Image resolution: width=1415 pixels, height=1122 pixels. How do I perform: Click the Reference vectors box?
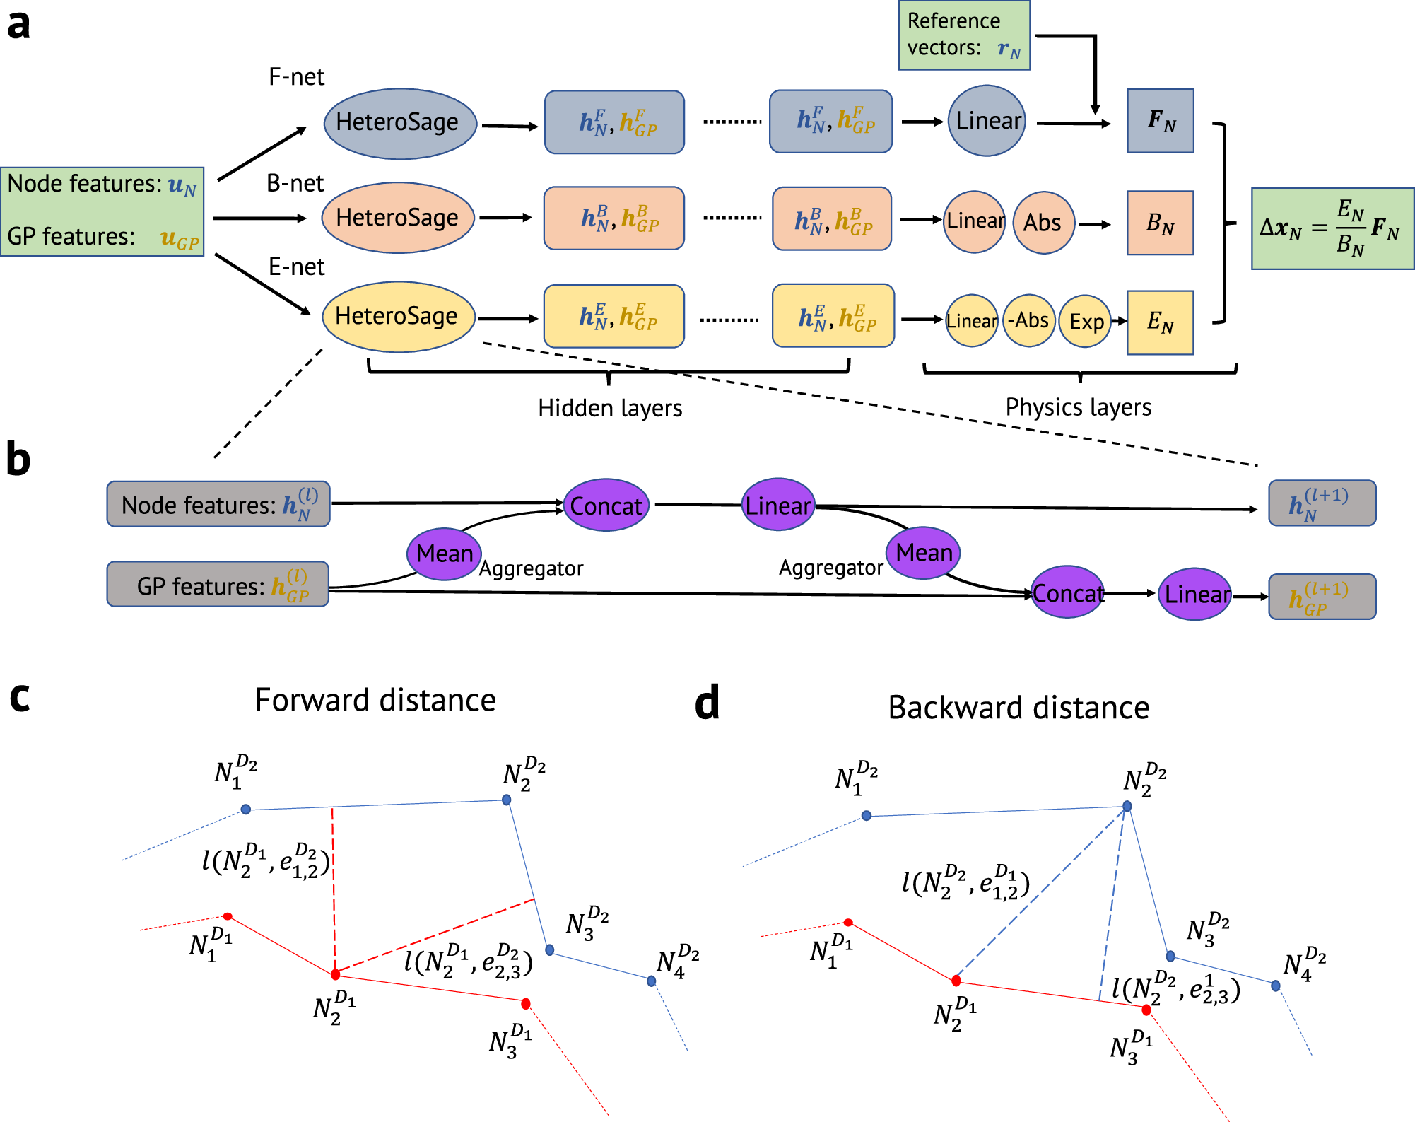(x=964, y=35)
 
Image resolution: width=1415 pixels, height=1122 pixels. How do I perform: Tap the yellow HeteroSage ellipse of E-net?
(x=398, y=316)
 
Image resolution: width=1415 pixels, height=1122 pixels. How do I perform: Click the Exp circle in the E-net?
(x=1085, y=322)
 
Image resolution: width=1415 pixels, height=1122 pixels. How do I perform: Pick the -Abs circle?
(x=1029, y=321)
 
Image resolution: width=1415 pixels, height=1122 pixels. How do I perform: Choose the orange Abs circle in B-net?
(x=1044, y=223)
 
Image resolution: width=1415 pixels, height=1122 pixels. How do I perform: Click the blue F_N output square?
(x=1160, y=121)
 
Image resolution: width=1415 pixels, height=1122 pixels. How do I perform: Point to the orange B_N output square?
(x=1160, y=223)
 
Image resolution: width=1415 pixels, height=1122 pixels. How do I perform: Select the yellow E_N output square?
(x=1160, y=322)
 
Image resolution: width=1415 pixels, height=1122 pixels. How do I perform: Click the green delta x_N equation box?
(x=1332, y=228)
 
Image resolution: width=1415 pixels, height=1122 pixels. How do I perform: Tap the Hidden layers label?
(x=609, y=408)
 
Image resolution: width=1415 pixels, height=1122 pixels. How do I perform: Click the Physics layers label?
(x=1078, y=407)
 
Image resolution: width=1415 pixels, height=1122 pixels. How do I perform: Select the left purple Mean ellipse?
(x=444, y=554)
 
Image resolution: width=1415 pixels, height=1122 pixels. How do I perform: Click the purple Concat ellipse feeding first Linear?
(x=606, y=506)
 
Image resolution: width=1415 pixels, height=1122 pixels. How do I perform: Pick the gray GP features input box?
(x=218, y=585)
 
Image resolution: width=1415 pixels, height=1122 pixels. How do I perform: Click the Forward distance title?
(x=375, y=700)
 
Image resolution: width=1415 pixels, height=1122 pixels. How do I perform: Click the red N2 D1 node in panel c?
(x=336, y=974)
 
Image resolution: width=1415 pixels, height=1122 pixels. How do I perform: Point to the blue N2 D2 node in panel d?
(x=1127, y=806)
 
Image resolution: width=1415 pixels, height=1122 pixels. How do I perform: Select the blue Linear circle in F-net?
(x=987, y=121)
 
